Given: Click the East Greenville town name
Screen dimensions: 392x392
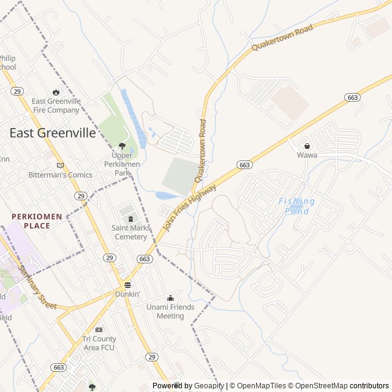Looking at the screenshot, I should click(53, 133).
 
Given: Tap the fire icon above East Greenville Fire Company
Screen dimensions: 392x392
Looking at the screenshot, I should click(56, 92).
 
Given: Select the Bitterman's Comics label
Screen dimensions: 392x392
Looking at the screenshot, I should click(60, 175).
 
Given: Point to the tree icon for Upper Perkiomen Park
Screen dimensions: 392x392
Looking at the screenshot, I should click(122, 146).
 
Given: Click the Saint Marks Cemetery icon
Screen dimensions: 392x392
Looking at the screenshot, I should click(130, 219).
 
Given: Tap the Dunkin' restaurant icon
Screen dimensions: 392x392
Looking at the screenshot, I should click(128, 285).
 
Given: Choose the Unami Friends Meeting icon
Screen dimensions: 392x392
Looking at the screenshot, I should click(170, 298).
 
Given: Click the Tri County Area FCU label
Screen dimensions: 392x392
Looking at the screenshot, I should click(99, 343).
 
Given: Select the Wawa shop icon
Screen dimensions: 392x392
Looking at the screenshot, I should click(307, 146).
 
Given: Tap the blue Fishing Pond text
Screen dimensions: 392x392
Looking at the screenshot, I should click(297, 206).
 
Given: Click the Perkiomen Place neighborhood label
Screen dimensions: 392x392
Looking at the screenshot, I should click(39, 221).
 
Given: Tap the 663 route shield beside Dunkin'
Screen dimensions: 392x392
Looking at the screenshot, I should click(145, 259).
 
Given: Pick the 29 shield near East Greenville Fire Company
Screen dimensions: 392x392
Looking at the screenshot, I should click(17, 91).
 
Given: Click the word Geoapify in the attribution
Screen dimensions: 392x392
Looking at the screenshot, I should click(210, 386).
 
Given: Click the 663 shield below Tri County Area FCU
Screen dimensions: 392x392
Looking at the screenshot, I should click(59, 367).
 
